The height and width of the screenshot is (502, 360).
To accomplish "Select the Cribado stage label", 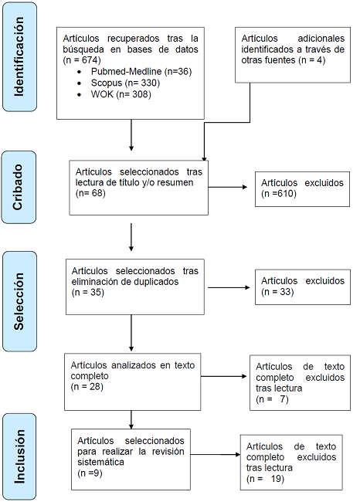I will pos(23,186).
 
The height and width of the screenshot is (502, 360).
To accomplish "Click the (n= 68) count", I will pos(90,192).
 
